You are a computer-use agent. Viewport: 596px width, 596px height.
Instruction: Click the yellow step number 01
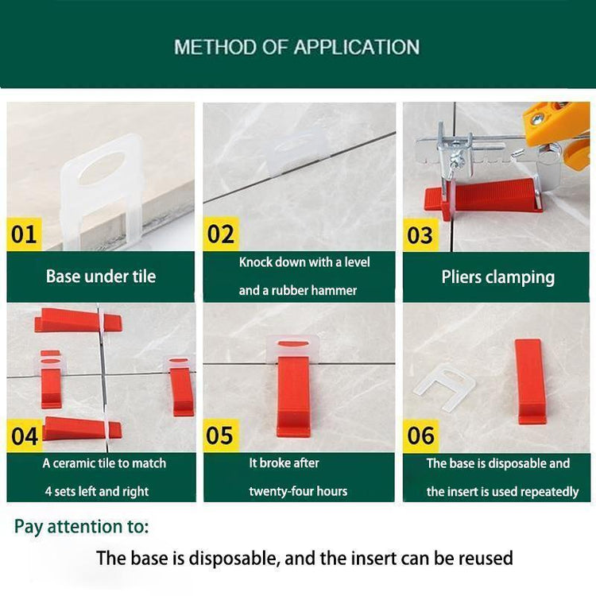click(x=24, y=234)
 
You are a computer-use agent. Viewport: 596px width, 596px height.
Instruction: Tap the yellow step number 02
click(x=220, y=234)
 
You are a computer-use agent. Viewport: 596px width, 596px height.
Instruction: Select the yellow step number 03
click(x=420, y=235)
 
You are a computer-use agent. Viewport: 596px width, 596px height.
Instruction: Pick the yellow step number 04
click(x=24, y=435)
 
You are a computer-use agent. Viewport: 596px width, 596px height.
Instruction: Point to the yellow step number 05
click(x=220, y=435)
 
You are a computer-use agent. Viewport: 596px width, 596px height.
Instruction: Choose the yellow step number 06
click(x=420, y=435)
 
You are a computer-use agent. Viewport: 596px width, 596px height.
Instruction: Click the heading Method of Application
click(x=296, y=47)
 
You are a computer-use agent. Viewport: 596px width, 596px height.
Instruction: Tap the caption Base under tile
click(x=101, y=277)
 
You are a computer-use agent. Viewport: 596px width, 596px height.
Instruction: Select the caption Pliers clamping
click(x=497, y=277)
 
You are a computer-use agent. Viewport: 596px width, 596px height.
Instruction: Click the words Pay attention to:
click(x=81, y=526)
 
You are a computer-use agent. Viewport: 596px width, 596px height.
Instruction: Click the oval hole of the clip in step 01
click(x=107, y=168)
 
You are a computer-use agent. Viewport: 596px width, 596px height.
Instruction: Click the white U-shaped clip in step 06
click(x=444, y=386)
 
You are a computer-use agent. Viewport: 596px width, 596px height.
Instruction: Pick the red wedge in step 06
click(x=531, y=381)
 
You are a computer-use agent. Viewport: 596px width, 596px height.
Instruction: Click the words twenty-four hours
click(x=298, y=490)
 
